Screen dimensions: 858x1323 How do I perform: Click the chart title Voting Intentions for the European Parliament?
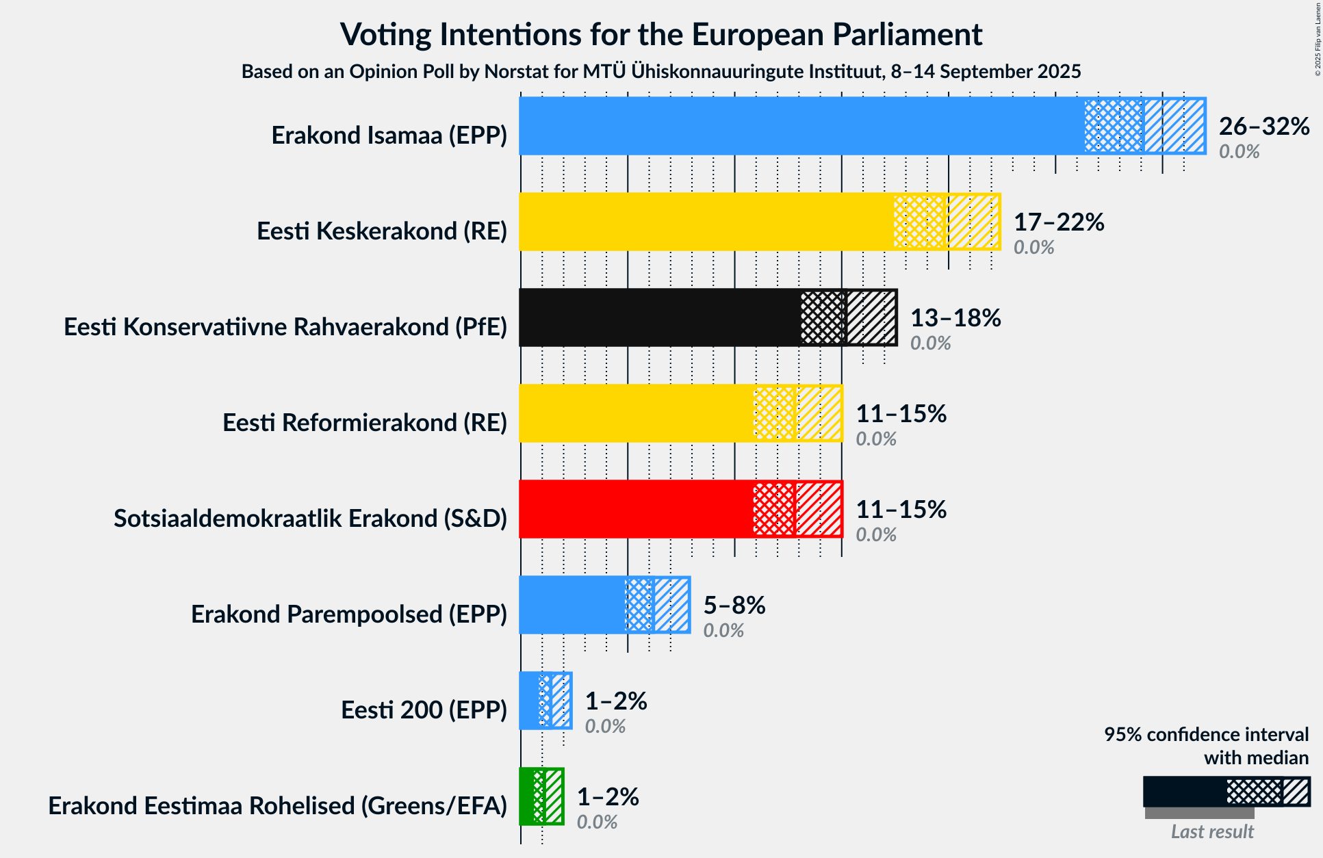[x=661, y=34]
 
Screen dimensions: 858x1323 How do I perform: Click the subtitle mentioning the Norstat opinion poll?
[x=661, y=72]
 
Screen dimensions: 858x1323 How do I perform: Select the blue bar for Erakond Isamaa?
[x=801, y=126]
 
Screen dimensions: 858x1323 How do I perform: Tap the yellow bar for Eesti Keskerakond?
[x=705, y=222]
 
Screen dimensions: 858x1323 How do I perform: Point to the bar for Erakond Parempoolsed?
[x=571, y=605]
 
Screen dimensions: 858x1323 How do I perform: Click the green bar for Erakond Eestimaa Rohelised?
[x=526, y=796]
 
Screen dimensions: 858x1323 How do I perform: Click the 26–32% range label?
[x=1264, y=127]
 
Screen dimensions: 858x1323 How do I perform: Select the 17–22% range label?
[x=1059, y=222]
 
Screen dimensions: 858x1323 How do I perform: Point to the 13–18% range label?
[x=955, y=318]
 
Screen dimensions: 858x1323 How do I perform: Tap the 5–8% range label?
[x=734, y=606]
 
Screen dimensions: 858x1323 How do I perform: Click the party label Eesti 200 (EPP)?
[x=424, y=710]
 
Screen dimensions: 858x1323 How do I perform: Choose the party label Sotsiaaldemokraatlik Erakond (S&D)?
[x=310, y=519]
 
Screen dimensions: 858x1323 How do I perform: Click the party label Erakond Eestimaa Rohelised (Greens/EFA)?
[x=277, y=806]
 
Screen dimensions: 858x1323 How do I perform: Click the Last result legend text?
[x=1212, y=832]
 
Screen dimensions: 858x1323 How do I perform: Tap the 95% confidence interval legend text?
[x=1206, y=735]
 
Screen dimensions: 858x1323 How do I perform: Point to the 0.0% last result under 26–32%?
[x=1239, y=152]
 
